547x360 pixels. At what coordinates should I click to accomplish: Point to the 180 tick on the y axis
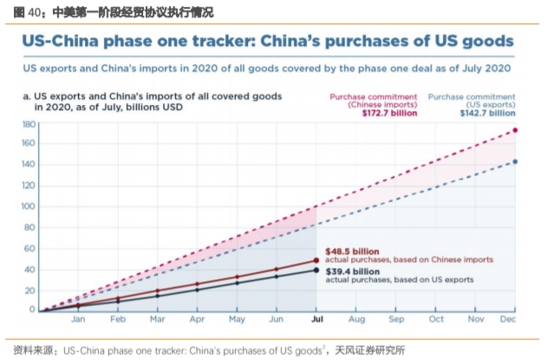(x=29, y=124)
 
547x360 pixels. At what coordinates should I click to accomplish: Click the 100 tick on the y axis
(x=29, y=206)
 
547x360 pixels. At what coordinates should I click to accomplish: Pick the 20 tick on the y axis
(x=30, y=289)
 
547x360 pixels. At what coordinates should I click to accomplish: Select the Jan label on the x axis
(x=78, y=319)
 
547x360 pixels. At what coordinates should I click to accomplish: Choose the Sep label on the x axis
(x=396, y=319)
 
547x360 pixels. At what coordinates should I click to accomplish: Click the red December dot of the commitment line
(x=516, y=131)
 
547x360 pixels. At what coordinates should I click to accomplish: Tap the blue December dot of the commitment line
(x=516, y=161)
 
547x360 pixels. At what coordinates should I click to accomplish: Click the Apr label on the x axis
(x=196, y=319)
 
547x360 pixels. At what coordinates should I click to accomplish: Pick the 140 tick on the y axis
(x=29, y=165)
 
